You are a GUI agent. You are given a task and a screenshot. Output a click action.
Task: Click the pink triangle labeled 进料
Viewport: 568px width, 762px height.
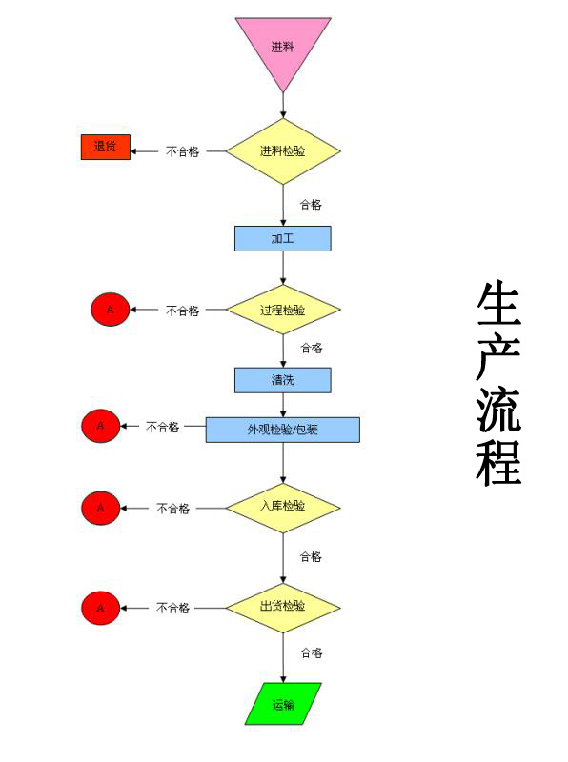coord(283,49)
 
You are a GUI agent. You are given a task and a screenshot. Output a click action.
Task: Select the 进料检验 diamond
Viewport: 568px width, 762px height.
coord(283,151)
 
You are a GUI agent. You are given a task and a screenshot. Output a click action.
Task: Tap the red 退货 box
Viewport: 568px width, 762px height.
coord(106,147)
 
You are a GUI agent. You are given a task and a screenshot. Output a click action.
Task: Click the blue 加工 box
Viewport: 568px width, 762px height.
coord(283,239)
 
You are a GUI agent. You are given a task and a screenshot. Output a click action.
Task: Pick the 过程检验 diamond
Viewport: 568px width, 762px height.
coord(283,310)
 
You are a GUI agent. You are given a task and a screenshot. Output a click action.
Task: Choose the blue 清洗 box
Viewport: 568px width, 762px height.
coord(283,380)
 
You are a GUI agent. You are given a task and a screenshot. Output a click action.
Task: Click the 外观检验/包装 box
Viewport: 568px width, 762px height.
coord(283,430)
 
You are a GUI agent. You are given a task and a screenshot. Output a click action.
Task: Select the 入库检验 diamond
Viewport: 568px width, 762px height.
coord(283,508)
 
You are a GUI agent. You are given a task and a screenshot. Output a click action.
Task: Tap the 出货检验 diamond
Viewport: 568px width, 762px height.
coord(283,608)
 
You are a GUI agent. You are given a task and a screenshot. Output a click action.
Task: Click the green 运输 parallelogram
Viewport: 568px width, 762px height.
coord(283,704)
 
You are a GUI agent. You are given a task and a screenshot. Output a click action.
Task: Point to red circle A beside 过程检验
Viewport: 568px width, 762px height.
coord(111,310)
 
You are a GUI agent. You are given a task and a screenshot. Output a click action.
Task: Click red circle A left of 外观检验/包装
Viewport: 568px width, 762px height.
coord(101,426)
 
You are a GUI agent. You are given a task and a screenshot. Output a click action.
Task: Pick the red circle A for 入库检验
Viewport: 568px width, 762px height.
coord(101,508)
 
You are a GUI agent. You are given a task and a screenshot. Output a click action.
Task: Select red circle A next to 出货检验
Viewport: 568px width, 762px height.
coord(101,608)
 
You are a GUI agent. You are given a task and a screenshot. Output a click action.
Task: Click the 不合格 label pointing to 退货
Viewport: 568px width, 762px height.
coord(183,151)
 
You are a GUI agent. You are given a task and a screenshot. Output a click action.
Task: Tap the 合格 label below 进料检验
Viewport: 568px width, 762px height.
coord(311,205)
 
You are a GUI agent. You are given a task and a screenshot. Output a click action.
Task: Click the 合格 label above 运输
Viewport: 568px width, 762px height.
coord(312,652)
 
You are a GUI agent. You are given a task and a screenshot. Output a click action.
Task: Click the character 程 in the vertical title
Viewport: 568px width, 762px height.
coord(498,463)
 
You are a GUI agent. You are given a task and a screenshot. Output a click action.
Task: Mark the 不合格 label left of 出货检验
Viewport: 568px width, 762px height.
coord(172,608)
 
